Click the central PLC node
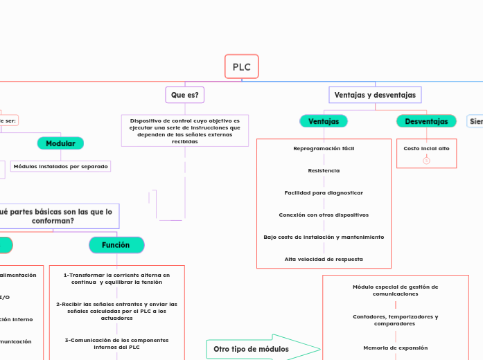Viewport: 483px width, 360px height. (x=241, y=67)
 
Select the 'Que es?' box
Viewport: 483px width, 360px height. (x=184, y=94)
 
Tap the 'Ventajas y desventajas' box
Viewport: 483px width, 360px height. (x=374, y=94)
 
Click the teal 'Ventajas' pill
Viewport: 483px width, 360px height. (x=324, y=121)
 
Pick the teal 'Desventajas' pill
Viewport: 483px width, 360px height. (x=426, y=121)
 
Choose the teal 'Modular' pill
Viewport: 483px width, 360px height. (x=60, y=143)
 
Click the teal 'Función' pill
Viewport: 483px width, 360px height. (x=116, y=245)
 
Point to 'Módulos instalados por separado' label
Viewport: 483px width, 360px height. (x=60, y=166)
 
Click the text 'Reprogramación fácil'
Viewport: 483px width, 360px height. (x=324, y=148)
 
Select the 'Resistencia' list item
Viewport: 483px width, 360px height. (x=324, y=170)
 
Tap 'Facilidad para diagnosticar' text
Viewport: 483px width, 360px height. (x=324, y=192)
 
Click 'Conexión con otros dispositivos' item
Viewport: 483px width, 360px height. (x=324, y=215)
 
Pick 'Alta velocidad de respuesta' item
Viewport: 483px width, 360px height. (x=324, y=259)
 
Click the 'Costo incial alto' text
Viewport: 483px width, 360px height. (x=426, y=148)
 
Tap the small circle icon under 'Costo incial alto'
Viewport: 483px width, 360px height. (x=426, y=161)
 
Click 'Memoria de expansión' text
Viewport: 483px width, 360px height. (x=395, y=348)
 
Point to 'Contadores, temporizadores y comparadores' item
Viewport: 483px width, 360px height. (x=395, y=320)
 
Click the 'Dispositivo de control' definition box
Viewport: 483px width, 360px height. (x=184, y=130)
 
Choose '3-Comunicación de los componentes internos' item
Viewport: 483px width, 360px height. (x=116, y=343)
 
